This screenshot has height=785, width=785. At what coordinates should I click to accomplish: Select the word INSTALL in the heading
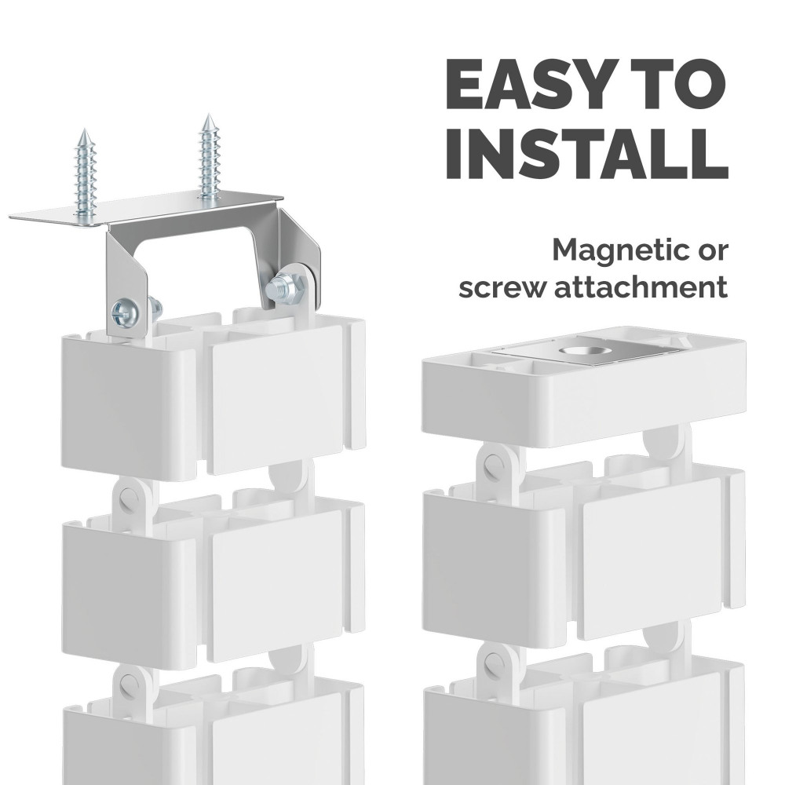click(x=586, y=155)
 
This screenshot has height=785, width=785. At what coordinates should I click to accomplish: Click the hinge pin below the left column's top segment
click(x=127, y=494)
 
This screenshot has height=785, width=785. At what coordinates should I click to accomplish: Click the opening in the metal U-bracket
click(x=197, y=270)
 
